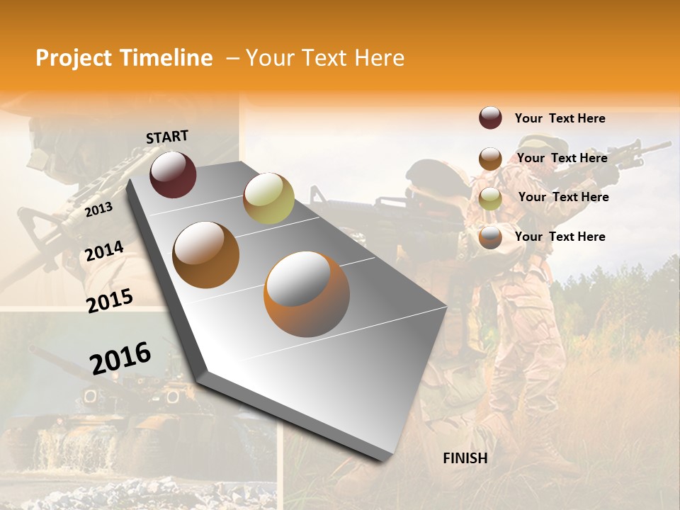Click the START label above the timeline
click(x=167, y=137)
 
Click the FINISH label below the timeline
click(x=465, y=458)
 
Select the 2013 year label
click(x=98, y=209)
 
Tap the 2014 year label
click(x=105, y=251)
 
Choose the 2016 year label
click(x=121, y=358)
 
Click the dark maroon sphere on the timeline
click(x=173, y=174)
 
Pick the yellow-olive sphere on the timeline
click(x=268, y=198)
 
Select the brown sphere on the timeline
click(x=206, y=255)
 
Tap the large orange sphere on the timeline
click(x=307, y=294)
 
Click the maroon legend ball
click(x=490, y=118)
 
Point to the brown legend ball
click(x=490, y=159)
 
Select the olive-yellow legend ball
click(x=490, y=198)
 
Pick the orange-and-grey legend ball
click(x=490, y=237)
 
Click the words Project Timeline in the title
click(x=124, y=58)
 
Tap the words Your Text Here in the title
click(x=325, y=58)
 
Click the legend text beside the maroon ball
click(x=560, y=118)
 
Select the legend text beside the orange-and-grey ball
click(x=560, y=237)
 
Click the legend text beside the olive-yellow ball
click(x=563, y=197)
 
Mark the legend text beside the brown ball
click(x=562, y=158)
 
